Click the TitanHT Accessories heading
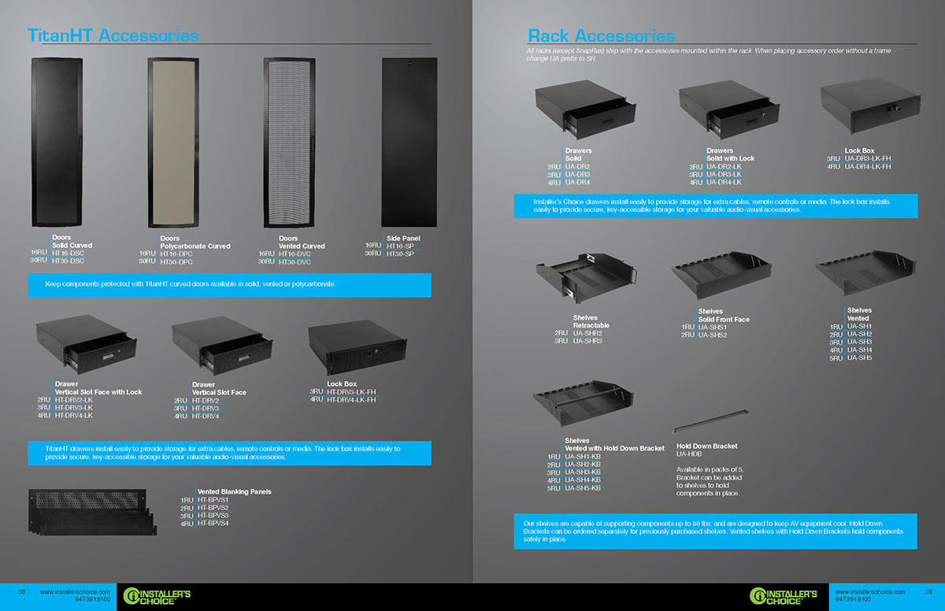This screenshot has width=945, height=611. [x=113, y=35]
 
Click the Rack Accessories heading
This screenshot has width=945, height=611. [x=601, y=35]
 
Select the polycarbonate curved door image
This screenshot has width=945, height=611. [x=180, y=142]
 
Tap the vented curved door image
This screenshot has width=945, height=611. [x=295, y=142]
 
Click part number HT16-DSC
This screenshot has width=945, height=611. [x=67, y=253]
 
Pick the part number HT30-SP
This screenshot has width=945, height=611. [x=400, y=254]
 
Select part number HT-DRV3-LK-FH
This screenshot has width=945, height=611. [x=351, y=391]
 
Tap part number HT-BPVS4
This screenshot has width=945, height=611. [x=213, y=524]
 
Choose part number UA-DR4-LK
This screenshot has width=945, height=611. [x=724, y=183]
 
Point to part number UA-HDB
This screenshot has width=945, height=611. [x=689, y=454]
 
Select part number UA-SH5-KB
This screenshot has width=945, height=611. [x=583, y=488]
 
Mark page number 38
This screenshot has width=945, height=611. [x=22, y=592]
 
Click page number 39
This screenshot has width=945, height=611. [x=928, y=592]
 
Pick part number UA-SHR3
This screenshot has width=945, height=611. [x=587, y=341]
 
